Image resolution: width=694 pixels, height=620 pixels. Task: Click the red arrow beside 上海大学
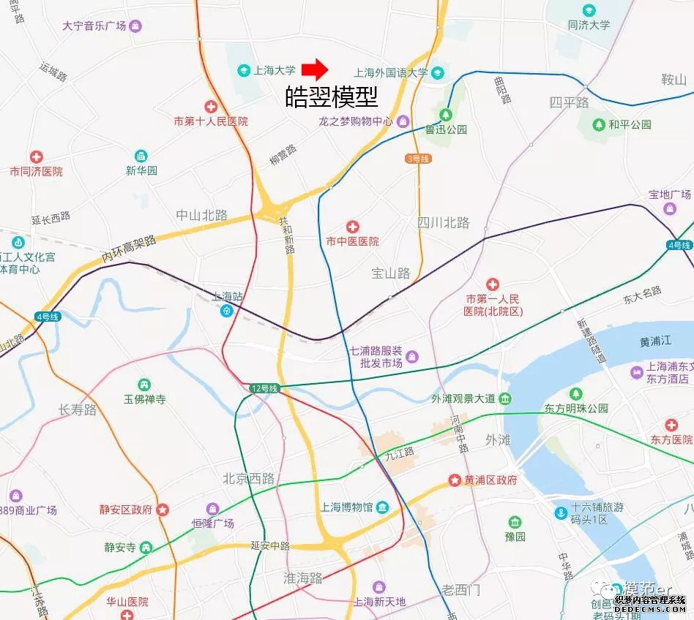(316, 69)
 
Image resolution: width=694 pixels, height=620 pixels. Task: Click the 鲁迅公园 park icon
(446, 114)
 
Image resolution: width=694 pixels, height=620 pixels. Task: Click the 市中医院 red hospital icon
(353, 227)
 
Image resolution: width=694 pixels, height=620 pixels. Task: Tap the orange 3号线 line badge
(418, 159)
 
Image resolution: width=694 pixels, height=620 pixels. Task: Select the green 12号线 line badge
(264, 388)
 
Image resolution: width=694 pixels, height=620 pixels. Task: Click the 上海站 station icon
(228, 311)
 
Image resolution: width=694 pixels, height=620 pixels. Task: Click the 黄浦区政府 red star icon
(454, 480)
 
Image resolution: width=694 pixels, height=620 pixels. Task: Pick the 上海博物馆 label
(347, 507)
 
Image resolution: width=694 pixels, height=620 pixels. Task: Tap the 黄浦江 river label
(655, 342)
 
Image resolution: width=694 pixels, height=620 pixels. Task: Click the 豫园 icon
(515, 522)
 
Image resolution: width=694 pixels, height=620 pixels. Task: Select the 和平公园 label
(630, 125)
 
